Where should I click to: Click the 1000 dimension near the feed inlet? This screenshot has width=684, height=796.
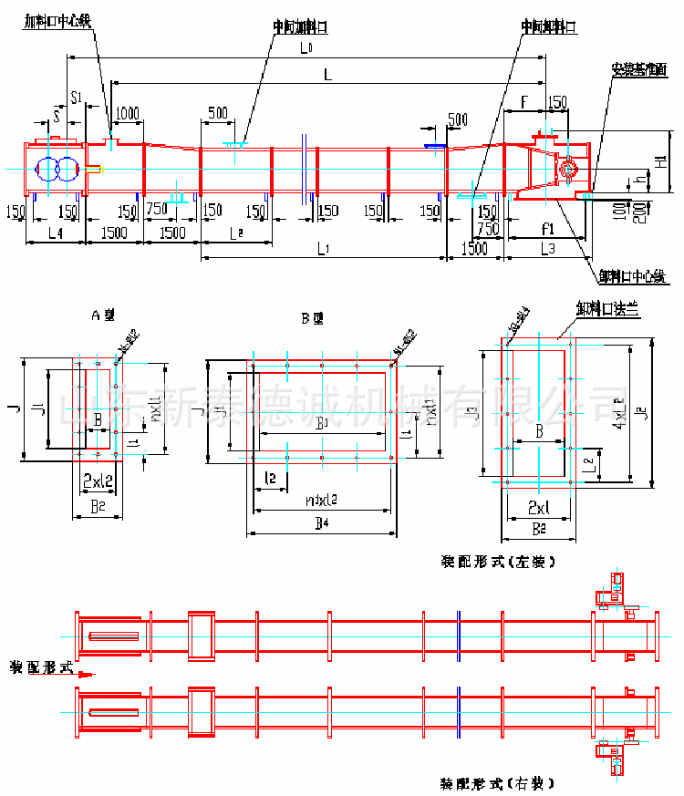128,113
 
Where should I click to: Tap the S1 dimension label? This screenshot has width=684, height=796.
77,96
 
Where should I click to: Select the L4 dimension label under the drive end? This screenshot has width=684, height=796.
55,234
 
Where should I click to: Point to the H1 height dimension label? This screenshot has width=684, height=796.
659,163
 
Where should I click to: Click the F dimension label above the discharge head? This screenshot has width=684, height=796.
523,99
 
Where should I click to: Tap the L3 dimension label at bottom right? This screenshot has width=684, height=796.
547,248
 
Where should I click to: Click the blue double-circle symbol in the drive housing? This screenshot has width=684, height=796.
57,170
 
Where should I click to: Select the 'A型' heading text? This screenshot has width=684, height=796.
104,315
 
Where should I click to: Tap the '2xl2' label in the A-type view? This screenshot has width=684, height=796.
98,480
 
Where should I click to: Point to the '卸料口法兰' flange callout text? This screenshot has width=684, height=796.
606,310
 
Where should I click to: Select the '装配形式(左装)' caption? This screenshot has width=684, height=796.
497,562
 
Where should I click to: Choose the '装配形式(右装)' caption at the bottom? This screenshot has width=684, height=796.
497,783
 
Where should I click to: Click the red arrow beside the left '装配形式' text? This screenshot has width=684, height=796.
85,675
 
